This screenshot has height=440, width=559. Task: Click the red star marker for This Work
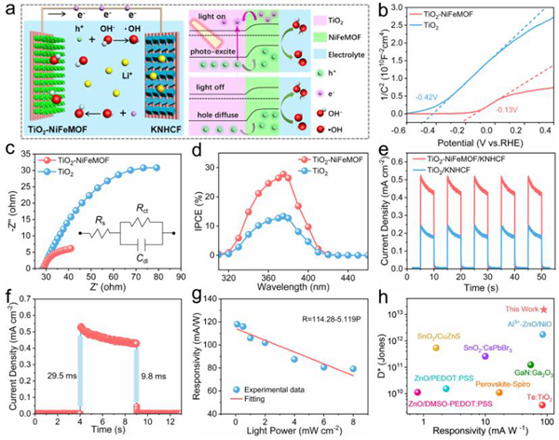(543, 309)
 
